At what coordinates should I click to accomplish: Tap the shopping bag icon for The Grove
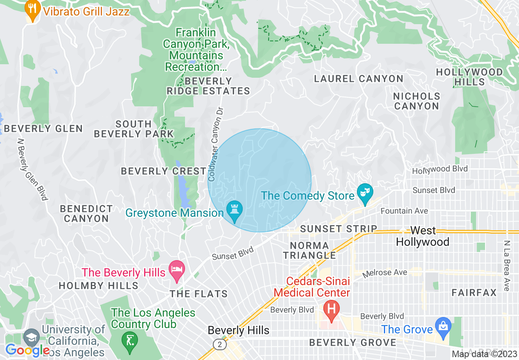pyautogui.click(x=443, y=326)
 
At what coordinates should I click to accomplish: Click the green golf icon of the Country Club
pyautogui.click(x=129, y=339)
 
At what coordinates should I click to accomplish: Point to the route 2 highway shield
pyautogui.click(x=220, y=345)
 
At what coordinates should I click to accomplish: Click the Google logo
pyautogui.click(x=27, y=350)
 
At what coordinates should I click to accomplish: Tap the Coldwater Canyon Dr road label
pyautogui.click(x=217, y=144)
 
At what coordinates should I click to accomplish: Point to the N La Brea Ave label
pyautogui.click(x=507, y=265)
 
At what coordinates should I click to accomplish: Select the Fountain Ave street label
pyautogui.click(x=404, y=211)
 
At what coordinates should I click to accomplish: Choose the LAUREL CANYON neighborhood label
pyautogui.click(x=359, y=79)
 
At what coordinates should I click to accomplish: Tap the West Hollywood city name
pyautogui.click(x=423, y=236)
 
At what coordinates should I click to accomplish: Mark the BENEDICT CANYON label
pyautogui.click(x=86, y=214)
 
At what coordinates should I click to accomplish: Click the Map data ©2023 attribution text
pyautogui.click(x=485, y=354)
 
